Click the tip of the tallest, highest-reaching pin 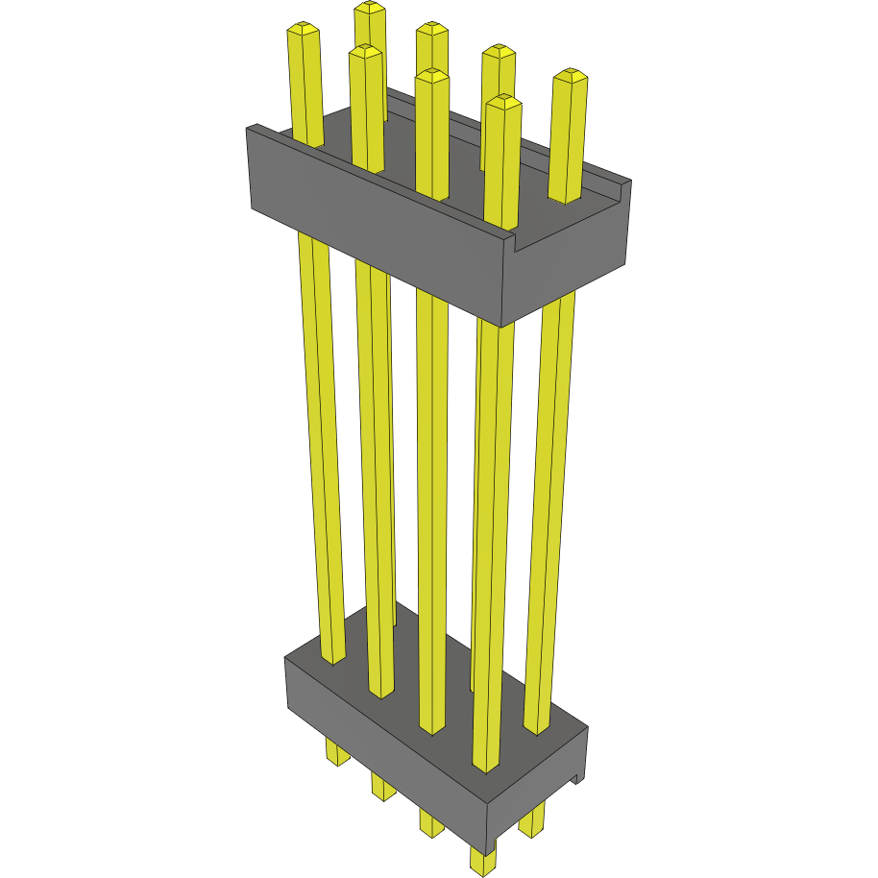pos(369,9)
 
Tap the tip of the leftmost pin pos(304,31)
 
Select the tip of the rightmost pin pos(571,75)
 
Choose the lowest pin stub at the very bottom pos(482,860)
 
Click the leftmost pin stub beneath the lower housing pos(337,751)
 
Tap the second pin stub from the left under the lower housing pos(382,788)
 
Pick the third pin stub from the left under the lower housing pos(430,822)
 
